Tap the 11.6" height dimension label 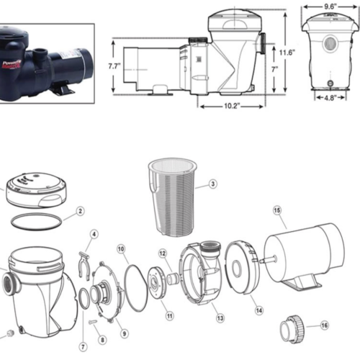(287, 52)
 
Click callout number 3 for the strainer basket (213, 184)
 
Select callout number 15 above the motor (276, 210)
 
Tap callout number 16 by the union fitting (324, 325)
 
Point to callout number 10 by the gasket (122, 248)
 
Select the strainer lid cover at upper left (33, 191)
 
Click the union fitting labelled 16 (292, 330)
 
